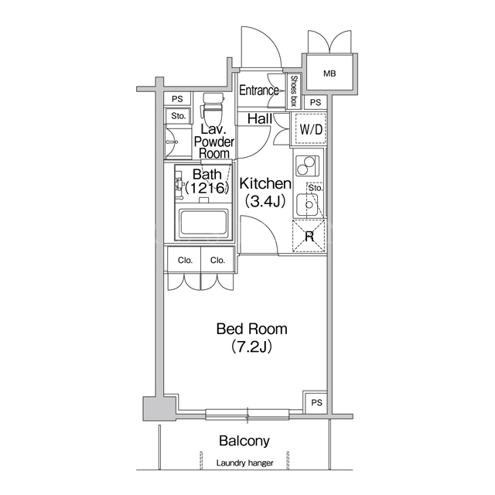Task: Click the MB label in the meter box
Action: (x=329, y=74)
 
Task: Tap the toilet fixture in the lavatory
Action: (x=213, y=109)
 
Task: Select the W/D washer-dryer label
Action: (x=311, y=129)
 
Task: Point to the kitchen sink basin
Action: (x=308, y=205)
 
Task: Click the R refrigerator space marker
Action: (x=309, y=236)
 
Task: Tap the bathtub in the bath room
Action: (x=203, y=224)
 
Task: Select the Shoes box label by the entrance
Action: (x=294, y=91)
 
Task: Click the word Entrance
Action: (x=259, y=90)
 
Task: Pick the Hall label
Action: (x=260, y=119)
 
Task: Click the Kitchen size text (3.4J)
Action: (x=265, y=201)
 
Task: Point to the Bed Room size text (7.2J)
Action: (x=251, y=346)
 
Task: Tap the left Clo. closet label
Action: (x=186, y=261)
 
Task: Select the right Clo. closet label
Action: (x=218, y=261)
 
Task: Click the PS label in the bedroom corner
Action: (x=316, y=403)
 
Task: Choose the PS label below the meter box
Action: (x=316, y=103)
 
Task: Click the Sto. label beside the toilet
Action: (x=179, y=116)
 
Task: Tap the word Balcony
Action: (x=244, y=441)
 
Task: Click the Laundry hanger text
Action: (x=245, y=463)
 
